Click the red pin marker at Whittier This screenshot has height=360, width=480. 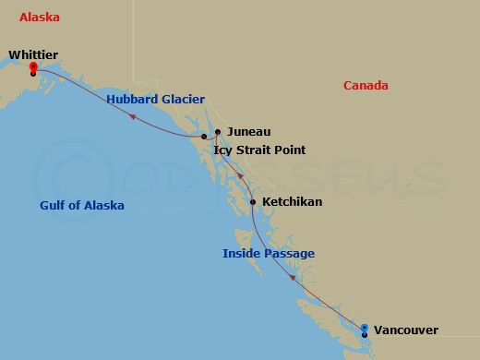tap(33, 66)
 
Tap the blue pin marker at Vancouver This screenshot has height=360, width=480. tap(365, 328)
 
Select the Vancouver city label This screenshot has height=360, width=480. tap(407, 330)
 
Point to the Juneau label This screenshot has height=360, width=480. tap(248, 132)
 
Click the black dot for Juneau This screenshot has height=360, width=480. tap(218, 132)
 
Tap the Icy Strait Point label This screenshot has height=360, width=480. tap(259, 150)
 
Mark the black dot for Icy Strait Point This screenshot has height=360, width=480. tap(204, 137)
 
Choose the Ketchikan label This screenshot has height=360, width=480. tap(293, 201)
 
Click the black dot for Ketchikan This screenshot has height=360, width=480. tap(253, 201)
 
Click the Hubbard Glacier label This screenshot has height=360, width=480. tap(155, 99)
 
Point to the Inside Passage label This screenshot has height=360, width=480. tap(269, 253)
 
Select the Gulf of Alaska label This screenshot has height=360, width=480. tap(82, 205)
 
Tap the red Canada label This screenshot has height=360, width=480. tap(366, 86)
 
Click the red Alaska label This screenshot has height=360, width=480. tap(40, 18)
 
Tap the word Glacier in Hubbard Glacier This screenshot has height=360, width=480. tap(182, 99)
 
